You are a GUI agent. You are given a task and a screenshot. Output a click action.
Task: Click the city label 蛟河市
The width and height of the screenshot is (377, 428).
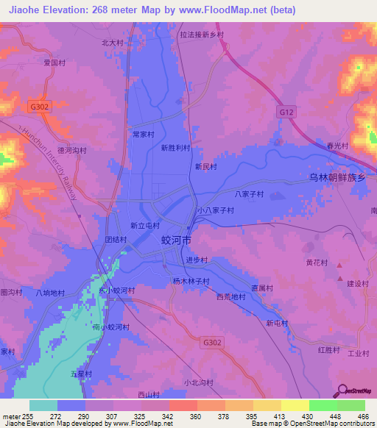click(176, 240)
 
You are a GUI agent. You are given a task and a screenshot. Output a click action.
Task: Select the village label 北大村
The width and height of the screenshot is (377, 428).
click(113, 43)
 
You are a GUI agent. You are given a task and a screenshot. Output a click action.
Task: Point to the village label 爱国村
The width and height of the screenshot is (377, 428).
click(55, 63)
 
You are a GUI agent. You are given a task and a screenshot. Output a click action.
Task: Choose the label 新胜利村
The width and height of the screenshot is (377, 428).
click(175, 148)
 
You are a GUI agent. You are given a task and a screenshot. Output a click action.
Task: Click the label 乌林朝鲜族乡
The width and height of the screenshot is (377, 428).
click(337, 177)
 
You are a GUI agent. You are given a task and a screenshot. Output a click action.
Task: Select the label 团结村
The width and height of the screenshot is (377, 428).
click(116, 240)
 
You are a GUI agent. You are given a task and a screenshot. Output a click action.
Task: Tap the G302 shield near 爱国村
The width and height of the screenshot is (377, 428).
click(40, 106)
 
